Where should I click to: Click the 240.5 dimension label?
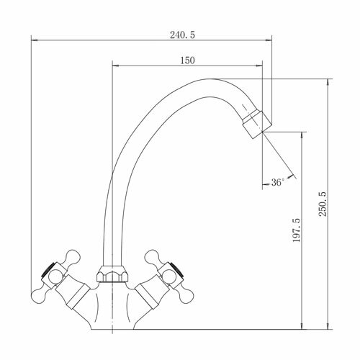[x=182, y=35]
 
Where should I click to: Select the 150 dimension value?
[x=187, y=60]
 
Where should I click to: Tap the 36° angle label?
[x=278, y=182]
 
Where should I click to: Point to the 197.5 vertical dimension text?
[x=297, y=230]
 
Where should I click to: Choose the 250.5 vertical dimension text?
[x=323, y=204]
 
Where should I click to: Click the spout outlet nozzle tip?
[x=257, y=125]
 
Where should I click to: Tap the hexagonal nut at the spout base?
[x=112, y=274]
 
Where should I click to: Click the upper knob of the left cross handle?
[x=72, y=258]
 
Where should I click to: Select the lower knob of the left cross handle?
[x=39, y=295]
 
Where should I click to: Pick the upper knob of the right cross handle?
[x=153, y=258]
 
